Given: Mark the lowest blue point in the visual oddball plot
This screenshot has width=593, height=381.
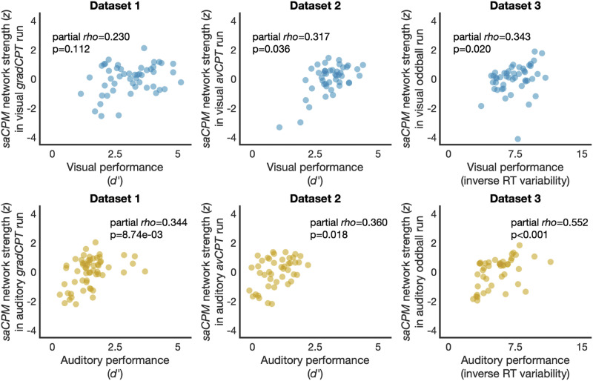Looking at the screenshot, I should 517,139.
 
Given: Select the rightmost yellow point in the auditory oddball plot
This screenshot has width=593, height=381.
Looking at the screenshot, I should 550,262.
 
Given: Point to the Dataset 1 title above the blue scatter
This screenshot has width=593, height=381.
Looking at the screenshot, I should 102,7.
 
